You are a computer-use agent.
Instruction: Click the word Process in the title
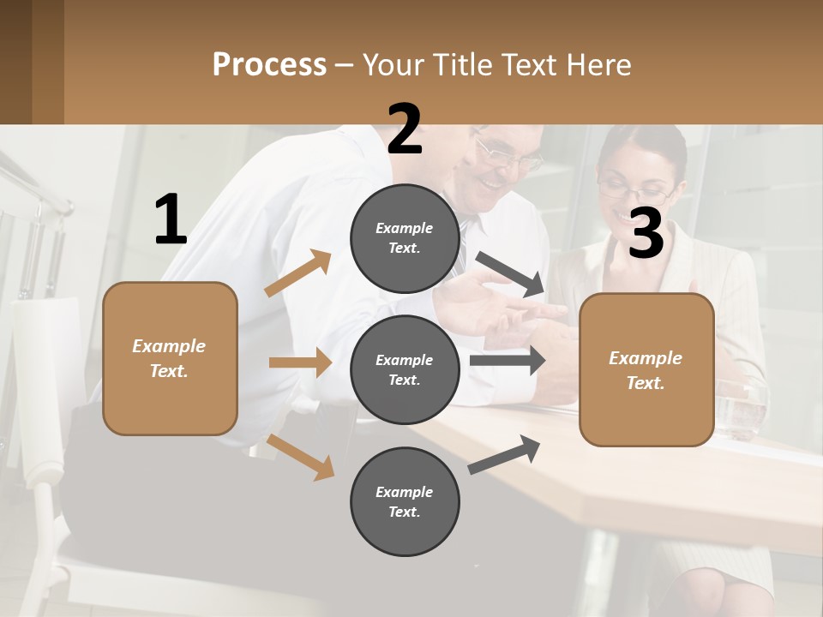pyautogui.click(x=269, y=64)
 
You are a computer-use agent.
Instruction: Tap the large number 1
pyautogui.click(x=171, y=220)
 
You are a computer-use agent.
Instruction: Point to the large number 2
pyautogui.click(x=405, y=129)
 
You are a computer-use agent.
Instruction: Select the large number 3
pyautogui.click(x=646, y=233)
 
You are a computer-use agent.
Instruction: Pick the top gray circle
pyautogui.click(x=405, y=238)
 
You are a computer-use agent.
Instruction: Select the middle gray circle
pyautogui.click(x=405, y=369)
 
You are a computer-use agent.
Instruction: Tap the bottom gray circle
pyautogui.click(x=405, y=501)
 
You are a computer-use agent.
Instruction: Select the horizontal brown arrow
pyautogui.click(x=300, y=362)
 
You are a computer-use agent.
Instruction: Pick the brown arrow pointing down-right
pyautogui.click(x=300, y=456)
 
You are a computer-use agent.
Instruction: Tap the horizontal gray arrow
pyautogui.click(x=508, y=360)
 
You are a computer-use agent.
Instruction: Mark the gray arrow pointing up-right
pyautogui.click(x=505, y=454)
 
